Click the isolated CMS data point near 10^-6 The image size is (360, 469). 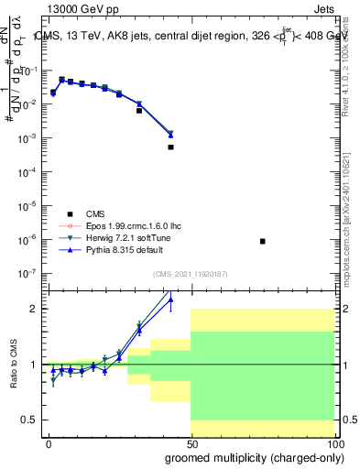point(263,241)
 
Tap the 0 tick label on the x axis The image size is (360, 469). point(49,443)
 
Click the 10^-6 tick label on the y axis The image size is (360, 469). point(28,240)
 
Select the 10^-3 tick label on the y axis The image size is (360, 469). point(28,137)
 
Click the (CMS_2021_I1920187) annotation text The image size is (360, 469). point(190,274)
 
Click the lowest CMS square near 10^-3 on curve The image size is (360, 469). point(170,147)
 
